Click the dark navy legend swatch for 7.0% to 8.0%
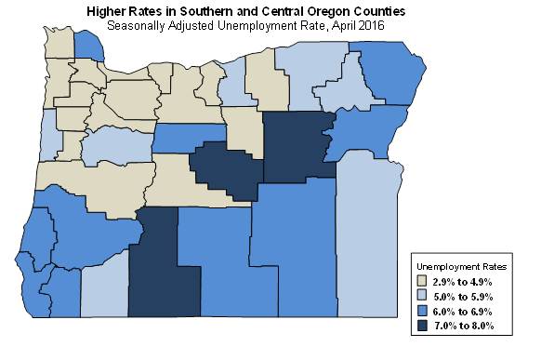tap(421, 326)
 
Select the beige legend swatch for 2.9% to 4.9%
tap(421, 281)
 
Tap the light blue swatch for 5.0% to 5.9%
tap(421, 296)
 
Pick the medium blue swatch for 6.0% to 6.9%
tap(421, 311)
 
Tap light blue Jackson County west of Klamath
tap(103, 293)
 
